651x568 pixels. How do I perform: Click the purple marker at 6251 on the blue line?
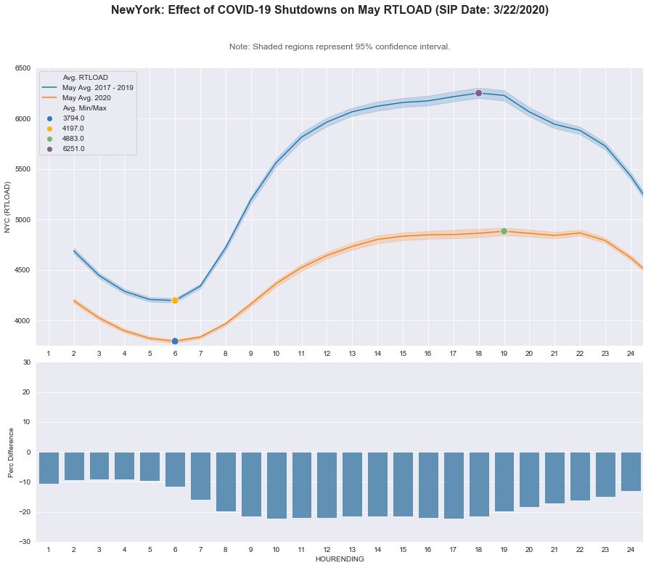(478, 93)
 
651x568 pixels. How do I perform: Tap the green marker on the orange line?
(504, 231)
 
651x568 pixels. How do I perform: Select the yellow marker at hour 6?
(175, 300)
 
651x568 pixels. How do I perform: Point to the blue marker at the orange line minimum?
(175, 341)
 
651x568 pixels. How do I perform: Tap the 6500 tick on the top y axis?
(22, 68)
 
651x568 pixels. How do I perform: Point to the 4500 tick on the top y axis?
(22, 270)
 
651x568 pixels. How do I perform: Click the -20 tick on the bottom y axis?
(26, 512)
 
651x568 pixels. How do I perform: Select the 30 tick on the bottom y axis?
(28, 362)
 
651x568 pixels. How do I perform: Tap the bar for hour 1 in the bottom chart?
(49, 468)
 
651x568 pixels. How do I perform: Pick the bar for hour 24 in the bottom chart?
(631, 471)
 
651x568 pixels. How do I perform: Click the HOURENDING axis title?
(339, 559)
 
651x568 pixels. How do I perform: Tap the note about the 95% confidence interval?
(339, 46)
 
